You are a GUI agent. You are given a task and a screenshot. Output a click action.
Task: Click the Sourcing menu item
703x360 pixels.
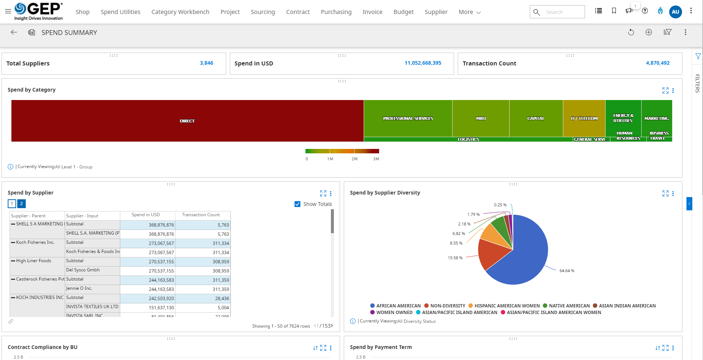click(263, 12)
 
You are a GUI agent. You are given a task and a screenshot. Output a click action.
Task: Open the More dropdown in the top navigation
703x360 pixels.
click(469, 12)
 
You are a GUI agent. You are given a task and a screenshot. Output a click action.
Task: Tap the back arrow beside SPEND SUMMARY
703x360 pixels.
click(14, 32)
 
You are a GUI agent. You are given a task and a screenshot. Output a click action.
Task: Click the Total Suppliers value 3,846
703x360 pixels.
click(206, 63)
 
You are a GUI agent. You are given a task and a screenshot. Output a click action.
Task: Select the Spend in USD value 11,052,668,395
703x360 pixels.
click(423, 63)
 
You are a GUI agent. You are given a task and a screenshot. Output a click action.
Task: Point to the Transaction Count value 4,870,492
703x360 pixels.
click(657, 63)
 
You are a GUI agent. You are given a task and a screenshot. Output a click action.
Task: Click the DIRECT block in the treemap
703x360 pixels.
click(187, 121)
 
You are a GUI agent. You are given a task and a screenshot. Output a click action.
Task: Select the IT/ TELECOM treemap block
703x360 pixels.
click(584, 118)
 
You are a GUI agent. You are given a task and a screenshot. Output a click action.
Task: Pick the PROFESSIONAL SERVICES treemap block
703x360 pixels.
click(408, 118)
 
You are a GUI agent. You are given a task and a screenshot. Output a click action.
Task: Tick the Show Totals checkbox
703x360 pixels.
click(297, 204)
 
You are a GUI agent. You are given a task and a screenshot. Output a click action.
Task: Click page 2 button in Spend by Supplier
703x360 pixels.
click(21, 204)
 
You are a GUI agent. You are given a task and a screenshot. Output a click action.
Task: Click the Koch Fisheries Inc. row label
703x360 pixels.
click(35, 242)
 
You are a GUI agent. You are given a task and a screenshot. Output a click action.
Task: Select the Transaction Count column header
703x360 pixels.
click(201, 215)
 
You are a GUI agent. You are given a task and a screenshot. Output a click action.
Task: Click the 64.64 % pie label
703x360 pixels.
click(567, 271)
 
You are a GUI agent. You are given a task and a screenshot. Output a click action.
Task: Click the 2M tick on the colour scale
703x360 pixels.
click(354, 159)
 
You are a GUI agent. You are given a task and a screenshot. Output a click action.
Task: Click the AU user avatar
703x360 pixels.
click(675, 12)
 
